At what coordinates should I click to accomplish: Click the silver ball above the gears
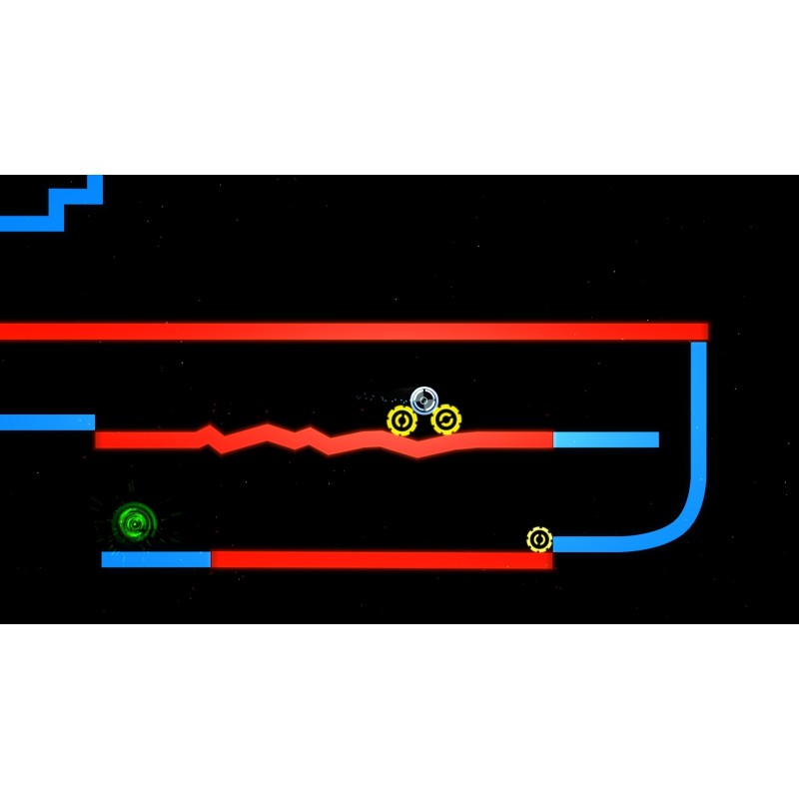click(x=424, y=399)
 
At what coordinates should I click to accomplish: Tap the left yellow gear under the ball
click(x=401, y=420)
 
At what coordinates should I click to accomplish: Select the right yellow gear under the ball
click(x=446, y=419)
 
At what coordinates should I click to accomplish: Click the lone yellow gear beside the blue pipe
click(x=539, y=540)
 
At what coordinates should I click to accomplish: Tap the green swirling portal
click(x=134, y=521)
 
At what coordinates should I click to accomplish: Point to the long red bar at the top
click(x=350, y=331)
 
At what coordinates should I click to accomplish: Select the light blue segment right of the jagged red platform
click(x=605, y=439)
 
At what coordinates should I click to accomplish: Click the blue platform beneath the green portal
click(x=156, y=559)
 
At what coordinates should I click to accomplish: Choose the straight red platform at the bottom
click(x=380, y=559)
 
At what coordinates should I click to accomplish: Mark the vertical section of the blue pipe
click(x=698, y=409)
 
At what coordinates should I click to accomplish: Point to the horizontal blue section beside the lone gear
click(x=599, y=544)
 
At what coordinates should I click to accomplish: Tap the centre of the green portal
click(x=134, y=521)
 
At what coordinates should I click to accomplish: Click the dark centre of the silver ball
click(x=424, y=399)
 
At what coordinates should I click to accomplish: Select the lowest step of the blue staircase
click(x=30, y=223)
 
